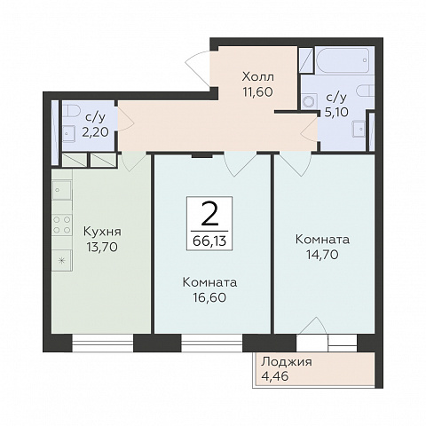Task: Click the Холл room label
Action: (x=258, y=77)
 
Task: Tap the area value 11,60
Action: (x=258, y=92)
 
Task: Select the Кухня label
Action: (x=102, y=232)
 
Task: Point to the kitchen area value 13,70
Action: (x=102, y=247)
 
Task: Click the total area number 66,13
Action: (x=209, y=241)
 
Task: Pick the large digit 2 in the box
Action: (x=209, y=215)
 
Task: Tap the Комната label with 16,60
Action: (x=209, y=282)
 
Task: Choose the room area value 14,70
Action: (x=322, y=255)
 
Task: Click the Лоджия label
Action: (x=287, y=362)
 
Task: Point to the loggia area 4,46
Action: (x=275, y=376)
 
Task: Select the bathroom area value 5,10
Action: (x=336, y=112)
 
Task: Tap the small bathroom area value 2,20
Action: (x=95, y=132)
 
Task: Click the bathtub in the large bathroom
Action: (x=343, y=60)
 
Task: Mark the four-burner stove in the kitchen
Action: (x=62, y=225)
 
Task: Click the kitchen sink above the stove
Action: (x=62, y=190)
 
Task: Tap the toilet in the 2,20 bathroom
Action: (x=71, y=112)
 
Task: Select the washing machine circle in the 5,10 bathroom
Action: (x=310, y=101)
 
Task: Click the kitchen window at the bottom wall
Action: (x=103, y=343)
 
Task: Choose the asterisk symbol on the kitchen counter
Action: (x=62, y=261)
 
